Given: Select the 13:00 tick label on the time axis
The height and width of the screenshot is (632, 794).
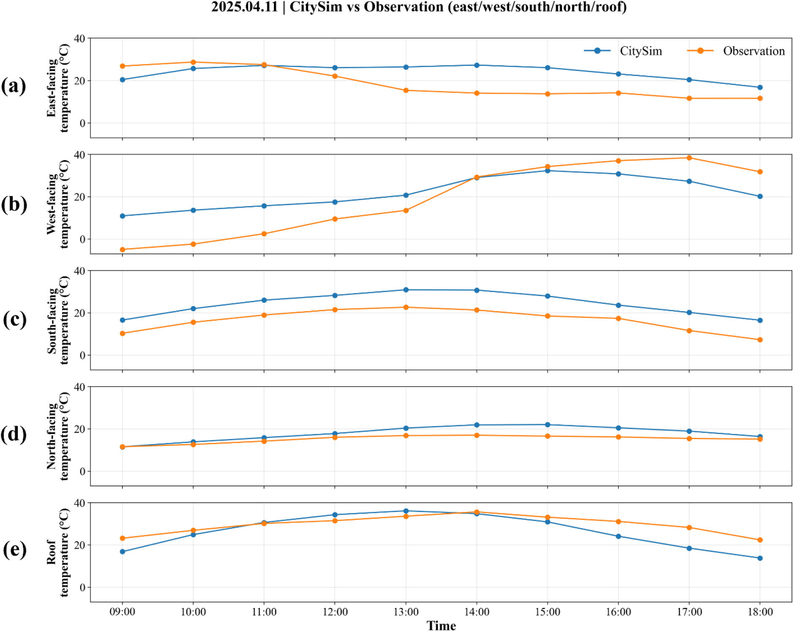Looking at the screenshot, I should point(406,612).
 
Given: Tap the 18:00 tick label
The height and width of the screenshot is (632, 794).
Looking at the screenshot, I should point(760,612).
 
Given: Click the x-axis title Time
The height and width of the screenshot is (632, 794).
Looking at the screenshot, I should point(441,625).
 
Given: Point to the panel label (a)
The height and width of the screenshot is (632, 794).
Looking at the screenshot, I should point(14,86).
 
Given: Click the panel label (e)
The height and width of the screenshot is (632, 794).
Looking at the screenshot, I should point(14,550).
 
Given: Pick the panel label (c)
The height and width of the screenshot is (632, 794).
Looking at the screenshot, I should point(14,319).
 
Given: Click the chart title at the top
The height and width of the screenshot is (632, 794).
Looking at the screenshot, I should point(419,7).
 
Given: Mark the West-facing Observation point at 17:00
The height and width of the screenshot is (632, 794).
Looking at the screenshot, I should point(689,158).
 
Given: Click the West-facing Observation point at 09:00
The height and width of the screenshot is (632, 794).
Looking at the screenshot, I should point(123,250).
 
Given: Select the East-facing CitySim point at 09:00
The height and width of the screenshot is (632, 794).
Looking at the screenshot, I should point(123,80).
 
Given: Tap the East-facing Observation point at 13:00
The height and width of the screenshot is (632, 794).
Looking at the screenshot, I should point(406,90).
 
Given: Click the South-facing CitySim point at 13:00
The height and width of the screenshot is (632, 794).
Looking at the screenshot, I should point(406,290).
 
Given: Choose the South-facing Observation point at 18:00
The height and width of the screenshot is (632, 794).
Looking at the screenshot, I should point(760,340).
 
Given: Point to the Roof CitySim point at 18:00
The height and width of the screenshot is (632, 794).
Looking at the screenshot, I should point(760,558).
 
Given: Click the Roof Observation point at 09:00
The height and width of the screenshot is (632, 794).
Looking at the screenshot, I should point(123,538).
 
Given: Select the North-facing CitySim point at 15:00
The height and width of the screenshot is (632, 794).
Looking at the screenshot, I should point(547,425).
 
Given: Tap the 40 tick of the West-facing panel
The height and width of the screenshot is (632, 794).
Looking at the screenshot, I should point(79,155).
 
